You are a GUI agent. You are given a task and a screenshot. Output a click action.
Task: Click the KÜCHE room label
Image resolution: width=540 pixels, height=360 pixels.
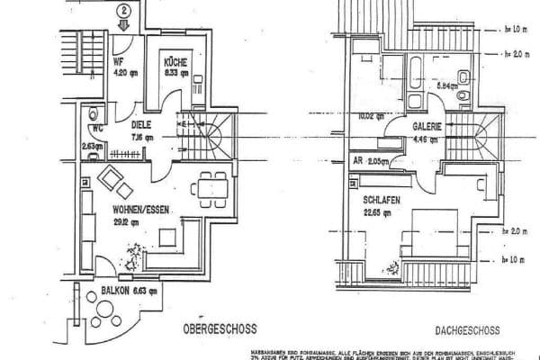tap(174, 61)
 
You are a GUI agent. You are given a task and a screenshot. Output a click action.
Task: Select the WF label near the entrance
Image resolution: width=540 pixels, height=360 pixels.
tap(117, 62)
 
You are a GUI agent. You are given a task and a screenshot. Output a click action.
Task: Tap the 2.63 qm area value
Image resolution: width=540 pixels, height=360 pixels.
tap(94, 144)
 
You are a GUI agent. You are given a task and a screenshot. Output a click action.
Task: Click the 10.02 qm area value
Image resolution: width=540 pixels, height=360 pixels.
tap(369, 116)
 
